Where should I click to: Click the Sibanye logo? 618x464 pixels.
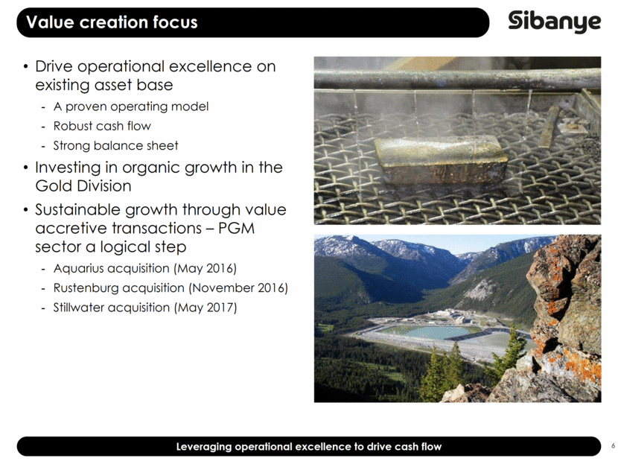554,22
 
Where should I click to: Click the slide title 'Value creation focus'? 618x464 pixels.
112,22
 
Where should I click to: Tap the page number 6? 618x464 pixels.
614,446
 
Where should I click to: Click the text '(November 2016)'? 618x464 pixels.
238,288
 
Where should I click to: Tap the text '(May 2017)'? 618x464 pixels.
206,308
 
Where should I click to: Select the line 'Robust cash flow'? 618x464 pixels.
103,126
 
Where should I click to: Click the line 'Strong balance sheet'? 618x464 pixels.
116,145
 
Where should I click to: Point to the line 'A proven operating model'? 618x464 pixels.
131,107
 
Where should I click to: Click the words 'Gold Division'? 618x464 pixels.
83,185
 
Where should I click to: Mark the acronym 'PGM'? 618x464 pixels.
237,228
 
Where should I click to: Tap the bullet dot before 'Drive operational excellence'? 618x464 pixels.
25,66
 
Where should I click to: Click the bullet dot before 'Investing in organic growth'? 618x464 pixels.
25,168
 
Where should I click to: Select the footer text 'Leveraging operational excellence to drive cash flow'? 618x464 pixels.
308,446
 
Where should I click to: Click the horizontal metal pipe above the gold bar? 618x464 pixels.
457,78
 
